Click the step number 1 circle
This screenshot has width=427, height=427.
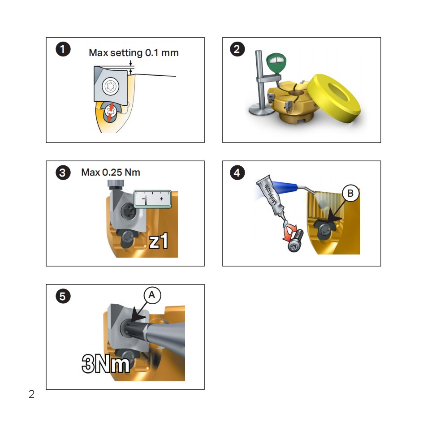tap(62, 49)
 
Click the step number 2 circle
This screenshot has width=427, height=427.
tap(237, 49)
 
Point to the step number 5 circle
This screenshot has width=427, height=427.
tap(62, 296)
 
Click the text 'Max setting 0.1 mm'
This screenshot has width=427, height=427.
tap(134, 53)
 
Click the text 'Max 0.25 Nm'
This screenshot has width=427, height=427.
tap(111, 173)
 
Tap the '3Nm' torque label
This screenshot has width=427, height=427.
tap(106, 363)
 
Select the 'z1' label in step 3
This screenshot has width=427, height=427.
tap(159, 241)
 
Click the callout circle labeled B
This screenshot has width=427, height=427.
tap(350, 193)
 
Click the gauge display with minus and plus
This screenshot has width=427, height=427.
tap(153, 198)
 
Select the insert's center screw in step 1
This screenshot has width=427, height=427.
tap(110, 86)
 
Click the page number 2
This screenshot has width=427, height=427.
tap(31, 395)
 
